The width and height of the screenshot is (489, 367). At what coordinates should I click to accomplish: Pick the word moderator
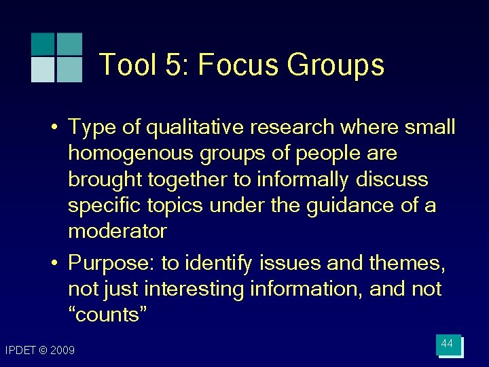(117, 231)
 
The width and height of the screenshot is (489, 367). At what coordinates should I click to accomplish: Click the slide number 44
(447, 344)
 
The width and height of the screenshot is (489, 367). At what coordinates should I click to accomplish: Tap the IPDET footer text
(22, 351)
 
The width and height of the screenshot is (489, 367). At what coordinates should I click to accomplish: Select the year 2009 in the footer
(63, 351)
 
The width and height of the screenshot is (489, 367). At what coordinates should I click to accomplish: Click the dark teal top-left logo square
(43, 44)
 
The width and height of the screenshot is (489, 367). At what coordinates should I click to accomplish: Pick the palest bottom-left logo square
(43, 69)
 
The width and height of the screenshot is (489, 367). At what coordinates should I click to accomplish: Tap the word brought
(104, 179)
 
